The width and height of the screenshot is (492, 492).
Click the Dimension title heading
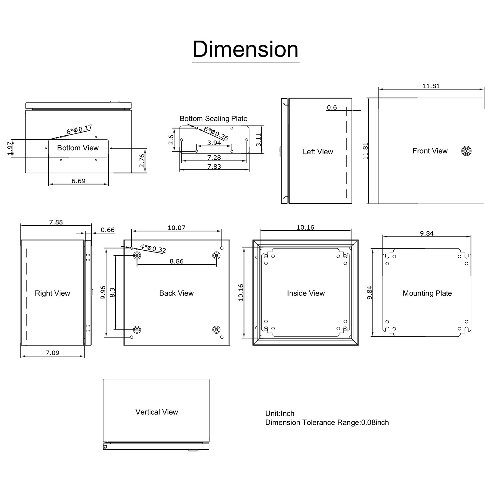(245, 49)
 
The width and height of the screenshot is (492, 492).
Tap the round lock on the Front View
(466, 151)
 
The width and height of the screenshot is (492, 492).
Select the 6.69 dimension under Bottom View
(78, 181)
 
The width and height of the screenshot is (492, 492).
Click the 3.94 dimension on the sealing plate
(214, 143)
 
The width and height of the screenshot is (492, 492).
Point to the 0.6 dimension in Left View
(332, 107)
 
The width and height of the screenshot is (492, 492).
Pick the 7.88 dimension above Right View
(56, 222)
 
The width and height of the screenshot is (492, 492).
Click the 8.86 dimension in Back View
(177, 261)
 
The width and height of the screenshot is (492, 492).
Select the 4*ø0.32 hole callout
(153, 248)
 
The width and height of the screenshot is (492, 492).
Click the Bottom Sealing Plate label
(213, 119)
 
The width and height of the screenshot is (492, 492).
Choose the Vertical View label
(157, 412)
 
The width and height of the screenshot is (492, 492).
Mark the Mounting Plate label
(427, 293)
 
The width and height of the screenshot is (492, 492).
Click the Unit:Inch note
(280, 414)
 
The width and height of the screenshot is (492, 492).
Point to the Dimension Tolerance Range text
(327, 423)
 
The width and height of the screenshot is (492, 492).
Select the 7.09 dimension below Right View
(52, 353)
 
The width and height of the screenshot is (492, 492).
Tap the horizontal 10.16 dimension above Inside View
(305, 228)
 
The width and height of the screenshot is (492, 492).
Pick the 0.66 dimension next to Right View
(108, 230)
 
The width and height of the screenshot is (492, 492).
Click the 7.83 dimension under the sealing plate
(214, 166)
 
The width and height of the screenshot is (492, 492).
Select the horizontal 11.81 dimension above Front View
(431, 86)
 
